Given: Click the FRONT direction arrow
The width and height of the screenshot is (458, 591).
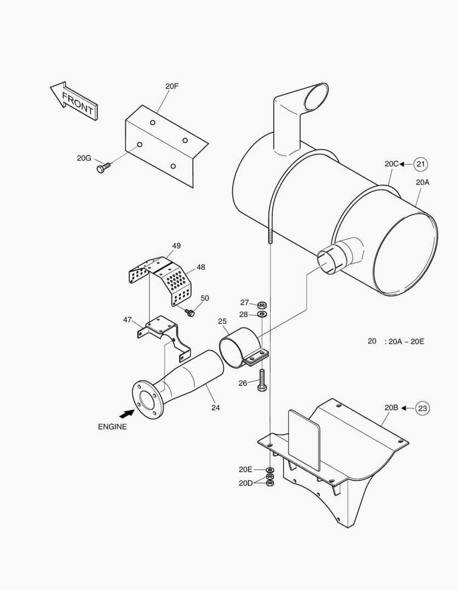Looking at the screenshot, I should [x=73, y=101].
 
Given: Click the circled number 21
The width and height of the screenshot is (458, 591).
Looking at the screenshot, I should [x=420, y=164].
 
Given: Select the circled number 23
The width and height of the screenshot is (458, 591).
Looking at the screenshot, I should [x=422, y=408].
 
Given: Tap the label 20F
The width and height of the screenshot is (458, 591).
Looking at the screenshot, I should [x=171, y=86].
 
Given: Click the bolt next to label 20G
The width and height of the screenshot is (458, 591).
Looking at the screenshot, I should [x=103, y=168].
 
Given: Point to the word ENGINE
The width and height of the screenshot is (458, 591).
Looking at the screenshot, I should [x=112, y=427].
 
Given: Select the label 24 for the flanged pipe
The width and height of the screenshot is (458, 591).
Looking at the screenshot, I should [x=215, y=407].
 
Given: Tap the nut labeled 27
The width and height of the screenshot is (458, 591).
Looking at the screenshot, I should [x=262, y=304].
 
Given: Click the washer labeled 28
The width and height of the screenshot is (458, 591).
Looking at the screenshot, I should [x=262, y=315].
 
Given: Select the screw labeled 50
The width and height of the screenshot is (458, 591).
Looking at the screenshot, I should [x=190, y=312].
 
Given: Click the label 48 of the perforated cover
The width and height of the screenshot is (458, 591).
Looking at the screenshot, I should [x=201, y=267].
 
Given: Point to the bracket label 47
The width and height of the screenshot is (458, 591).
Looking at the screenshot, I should [x=127, y=320].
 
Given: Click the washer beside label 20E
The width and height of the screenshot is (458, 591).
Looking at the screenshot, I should [x=270, y=470].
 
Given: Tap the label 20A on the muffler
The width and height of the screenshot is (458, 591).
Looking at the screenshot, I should [x=422, y=183].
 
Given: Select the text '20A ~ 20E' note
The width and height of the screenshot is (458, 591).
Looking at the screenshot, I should [x=405, y=341].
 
